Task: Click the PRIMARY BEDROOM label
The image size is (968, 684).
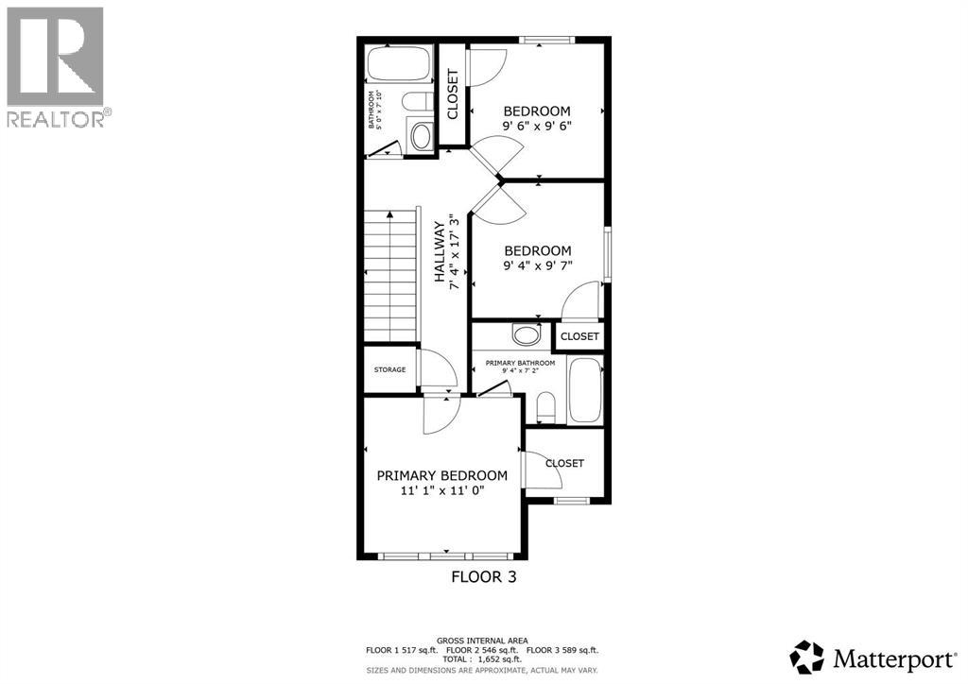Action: click(x=441, y=475)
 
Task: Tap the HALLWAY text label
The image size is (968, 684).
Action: click(x=440, y=253)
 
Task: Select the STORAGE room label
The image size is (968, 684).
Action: click(x=389, y=369)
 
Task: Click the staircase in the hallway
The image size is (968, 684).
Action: click(x=390, y=276)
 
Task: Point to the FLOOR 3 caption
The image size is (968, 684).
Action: click(x=483, y=575)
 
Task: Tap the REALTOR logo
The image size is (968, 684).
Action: click(x=57, y=66)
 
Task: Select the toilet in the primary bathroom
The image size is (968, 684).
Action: click(x=545, y=407)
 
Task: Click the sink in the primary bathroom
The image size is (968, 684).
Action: click(x=526, y=333)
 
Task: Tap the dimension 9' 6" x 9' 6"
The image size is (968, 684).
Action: click(x=537, y=125)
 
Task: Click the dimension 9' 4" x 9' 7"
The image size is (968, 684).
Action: click(x=537, y=265)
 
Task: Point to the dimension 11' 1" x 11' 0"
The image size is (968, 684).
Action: click(x=441, y=491)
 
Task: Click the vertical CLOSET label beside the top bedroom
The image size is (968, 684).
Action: click(x=452, y=94)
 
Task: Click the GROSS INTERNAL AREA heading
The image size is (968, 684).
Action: click(x=483, y=640)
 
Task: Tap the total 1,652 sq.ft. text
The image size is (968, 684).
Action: click(x=483, y=660)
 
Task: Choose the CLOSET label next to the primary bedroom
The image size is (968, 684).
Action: click(x=564, y=463)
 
